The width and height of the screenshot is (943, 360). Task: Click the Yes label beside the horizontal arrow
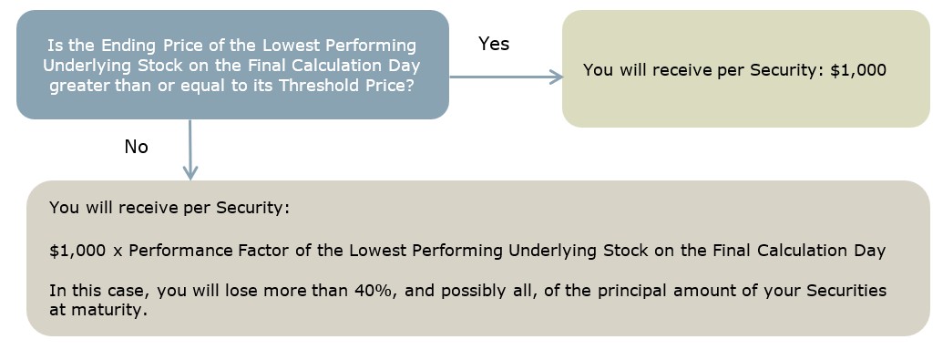[494, 44]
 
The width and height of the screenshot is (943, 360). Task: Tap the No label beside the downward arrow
[136, 147]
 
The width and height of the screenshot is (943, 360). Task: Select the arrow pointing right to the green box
[507, 77]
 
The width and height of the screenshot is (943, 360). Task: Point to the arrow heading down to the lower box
[190, 149]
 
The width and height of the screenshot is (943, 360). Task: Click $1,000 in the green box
[858, 70]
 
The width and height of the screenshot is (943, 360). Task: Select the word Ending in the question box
[127, 46]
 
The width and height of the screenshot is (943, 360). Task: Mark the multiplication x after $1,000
[118, 252]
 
